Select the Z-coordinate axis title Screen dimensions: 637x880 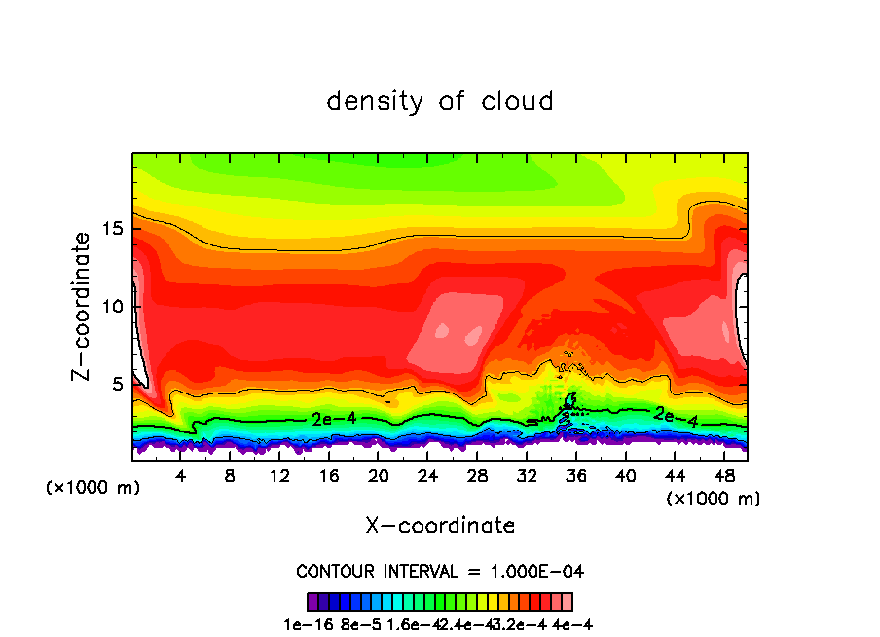pyautogui.click(x=84, y=306)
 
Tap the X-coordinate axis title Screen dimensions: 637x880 pyautogui.click(x=440, y=526)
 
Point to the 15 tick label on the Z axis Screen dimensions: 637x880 pyautogui.click(x=112, y=229)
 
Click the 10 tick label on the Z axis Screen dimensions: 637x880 pyautogui.click(x=112, y=307)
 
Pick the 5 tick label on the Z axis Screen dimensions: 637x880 pyautogui.click(x=117, y=385)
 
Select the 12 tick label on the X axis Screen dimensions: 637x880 pyautogui.click(x=279, y=476)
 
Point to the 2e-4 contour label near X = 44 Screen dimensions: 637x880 pyautogui.click(x=676, y=416)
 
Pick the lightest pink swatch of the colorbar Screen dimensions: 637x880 pyautogui.click(x=568, y=601)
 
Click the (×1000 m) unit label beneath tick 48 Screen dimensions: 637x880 pyautogui.click(x=714, y=499)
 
